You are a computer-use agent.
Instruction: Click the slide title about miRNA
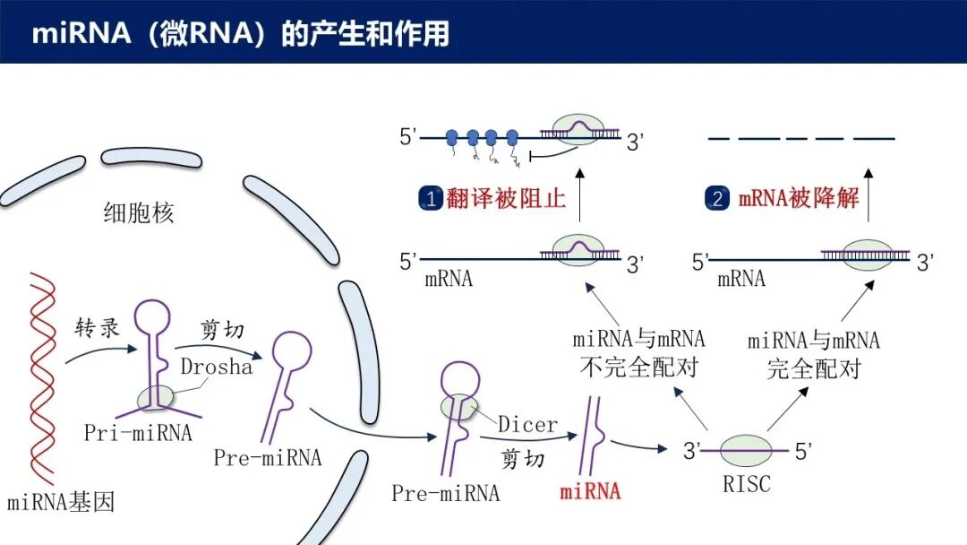click(240, 33)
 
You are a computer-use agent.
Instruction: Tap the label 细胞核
click(138, 213)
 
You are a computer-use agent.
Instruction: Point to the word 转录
click(97, 328)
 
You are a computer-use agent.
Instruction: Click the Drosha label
click(217, 367)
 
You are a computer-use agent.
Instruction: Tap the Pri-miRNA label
click(138, 433)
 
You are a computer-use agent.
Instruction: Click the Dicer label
click(527, 424)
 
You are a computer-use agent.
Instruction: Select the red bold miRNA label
click(590, 491)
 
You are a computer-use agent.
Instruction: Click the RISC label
click(746, 485)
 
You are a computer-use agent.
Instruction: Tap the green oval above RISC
click(746, 451)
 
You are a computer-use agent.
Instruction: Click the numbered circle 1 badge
click(431, 198)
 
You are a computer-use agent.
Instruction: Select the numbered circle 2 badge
click(718, 198)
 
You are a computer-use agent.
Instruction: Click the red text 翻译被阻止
click(507, 198)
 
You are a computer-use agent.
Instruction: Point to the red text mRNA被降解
click(799, 198)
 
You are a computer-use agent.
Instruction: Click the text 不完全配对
click(638, 368)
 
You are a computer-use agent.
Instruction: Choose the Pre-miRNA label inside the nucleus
click(267, 458)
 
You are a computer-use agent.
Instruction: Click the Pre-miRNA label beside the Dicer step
click(445, 493)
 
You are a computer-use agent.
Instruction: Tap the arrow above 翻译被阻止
click(578, 195)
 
